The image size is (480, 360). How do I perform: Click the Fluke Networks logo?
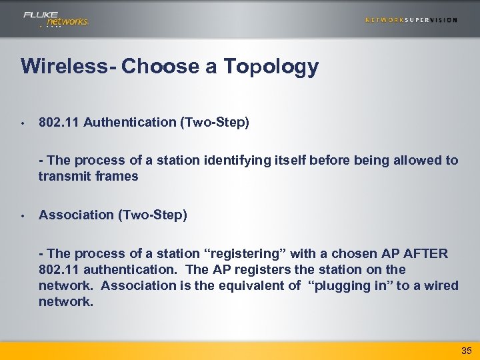pos(55,19)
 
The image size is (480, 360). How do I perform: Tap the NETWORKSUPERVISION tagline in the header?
pos(411,20)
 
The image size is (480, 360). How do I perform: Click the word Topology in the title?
pos(271,67)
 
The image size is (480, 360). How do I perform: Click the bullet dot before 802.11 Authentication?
pos(22,123)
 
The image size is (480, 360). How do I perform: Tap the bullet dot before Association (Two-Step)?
pos(22,215)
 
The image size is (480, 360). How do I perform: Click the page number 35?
pos(465,350)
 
